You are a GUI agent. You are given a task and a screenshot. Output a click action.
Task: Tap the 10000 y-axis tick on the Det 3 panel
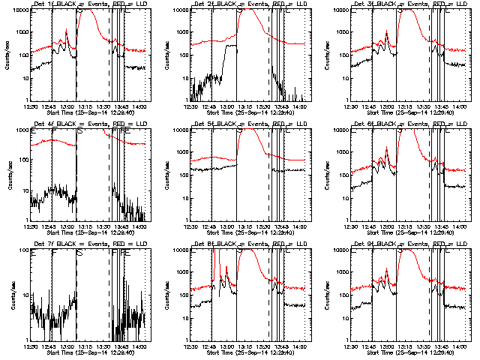click(x=346, y=10)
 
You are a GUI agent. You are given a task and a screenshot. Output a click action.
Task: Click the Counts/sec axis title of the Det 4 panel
click(x=8, y=172)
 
